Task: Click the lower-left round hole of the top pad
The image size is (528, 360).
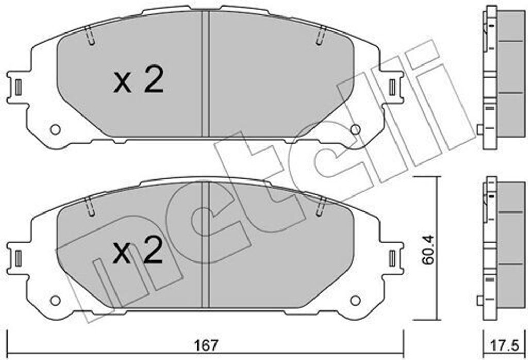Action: [x=55, y=129]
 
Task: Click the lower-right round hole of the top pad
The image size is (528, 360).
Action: [x=355, y=129]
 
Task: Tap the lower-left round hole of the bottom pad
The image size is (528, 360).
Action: [x=55, y=299]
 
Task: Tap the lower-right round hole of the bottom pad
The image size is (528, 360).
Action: [x=355, y=299]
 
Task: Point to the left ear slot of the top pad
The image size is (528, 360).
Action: [x=18, y=86]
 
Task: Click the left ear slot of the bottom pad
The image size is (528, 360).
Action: [x=18, y=256]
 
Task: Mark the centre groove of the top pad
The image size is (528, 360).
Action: [x=205, y=75]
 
